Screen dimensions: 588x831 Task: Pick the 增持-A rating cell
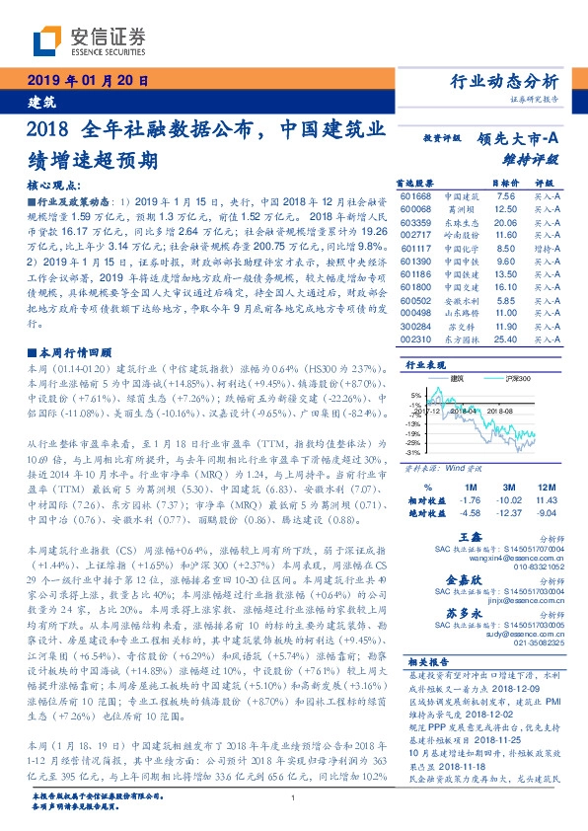548,250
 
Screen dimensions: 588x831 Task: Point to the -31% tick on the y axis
416,452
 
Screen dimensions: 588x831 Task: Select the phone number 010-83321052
537,567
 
